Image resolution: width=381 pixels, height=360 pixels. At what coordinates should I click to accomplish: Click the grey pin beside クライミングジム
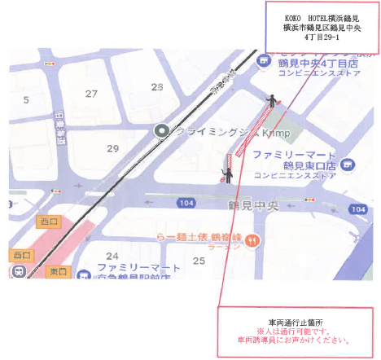pyautogui.click(x=162, y=130)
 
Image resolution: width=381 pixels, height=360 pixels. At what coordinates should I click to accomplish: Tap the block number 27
pyautogui.click(x=91, y=94)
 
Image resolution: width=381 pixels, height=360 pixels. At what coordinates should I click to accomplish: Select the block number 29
pyautogui.click(x=112, y=148)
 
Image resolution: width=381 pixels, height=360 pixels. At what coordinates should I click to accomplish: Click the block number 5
pyautogui.click(x=26, y=100)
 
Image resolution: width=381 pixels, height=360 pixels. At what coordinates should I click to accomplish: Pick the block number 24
pyautogui.click(x=112, y=256)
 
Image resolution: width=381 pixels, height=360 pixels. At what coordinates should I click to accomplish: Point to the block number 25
pyautogui.click(x=199, y=260)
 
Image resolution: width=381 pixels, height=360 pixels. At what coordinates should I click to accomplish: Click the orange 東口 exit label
pyautogui.click(x=58, y=270)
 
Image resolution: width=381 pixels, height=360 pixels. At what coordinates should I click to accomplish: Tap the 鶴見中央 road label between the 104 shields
pyautogui.click(x=253, y=204)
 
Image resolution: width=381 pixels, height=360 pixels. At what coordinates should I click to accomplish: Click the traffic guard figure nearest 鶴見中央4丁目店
pyautogui.click(x=271, y=98)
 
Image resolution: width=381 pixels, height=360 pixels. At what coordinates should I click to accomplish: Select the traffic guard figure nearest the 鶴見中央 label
pyautogui.click(x=229, y=171)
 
